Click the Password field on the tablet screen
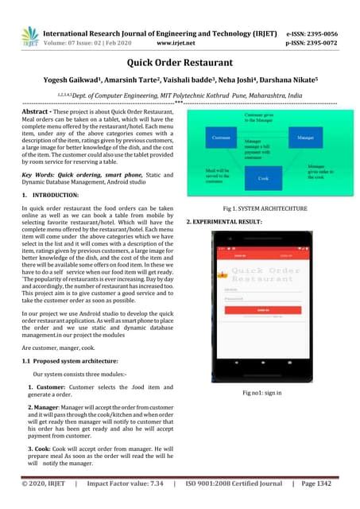click(262, 298)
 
